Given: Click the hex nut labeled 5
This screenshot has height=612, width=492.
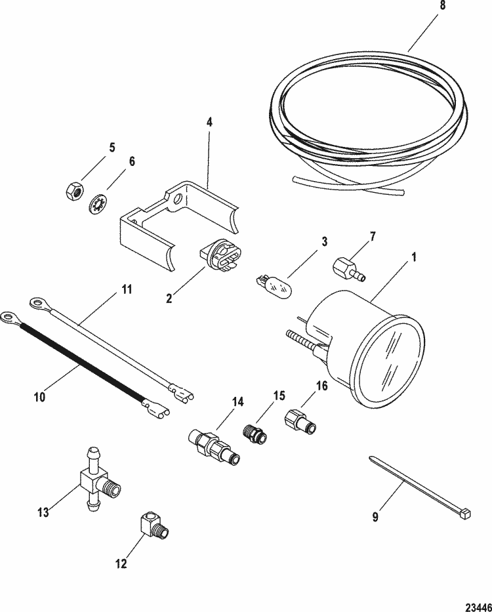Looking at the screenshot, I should (73, 191).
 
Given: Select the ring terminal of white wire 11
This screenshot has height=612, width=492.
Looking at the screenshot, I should (40, 302).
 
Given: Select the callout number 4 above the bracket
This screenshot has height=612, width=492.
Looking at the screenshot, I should (209, 121).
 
